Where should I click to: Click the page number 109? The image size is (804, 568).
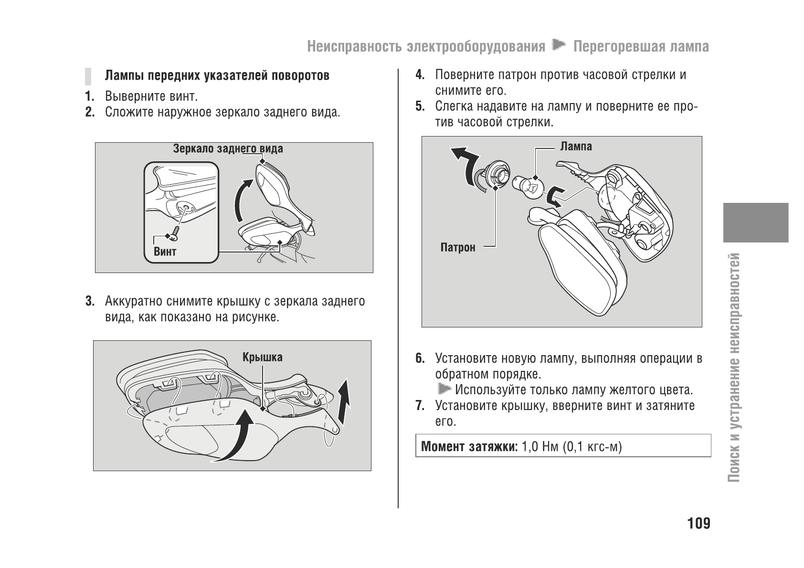(x=698, y=524)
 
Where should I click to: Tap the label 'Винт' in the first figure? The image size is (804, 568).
(x=165, y=252)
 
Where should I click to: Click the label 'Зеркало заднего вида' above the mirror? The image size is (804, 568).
(x=228, y=149)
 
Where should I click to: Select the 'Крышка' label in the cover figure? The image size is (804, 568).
(x=262, y=357)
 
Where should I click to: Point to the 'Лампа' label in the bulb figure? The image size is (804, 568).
(x=576, y=146)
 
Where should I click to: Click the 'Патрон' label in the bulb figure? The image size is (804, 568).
(x=458, y=247)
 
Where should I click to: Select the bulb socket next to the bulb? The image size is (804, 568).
(x=494, y=176)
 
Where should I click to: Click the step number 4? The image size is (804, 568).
(x=420, y=75)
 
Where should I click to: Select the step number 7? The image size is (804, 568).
(x=420, y=406)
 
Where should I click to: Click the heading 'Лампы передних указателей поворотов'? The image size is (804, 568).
(x=217, y=76)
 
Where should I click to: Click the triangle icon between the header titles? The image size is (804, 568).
(x=559, y=46)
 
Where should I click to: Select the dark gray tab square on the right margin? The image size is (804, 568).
(x=755, y=222)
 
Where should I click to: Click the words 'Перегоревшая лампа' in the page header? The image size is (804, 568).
(x=641, y=46)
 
